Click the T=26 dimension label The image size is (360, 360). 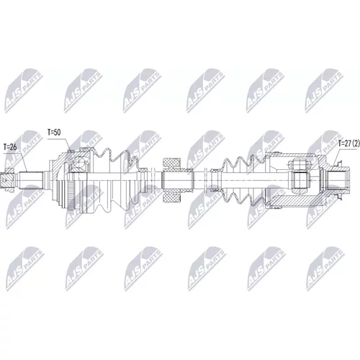(10, 147)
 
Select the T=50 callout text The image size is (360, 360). (54, 132)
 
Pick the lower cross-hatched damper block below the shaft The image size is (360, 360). (171, 197)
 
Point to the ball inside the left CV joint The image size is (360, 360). (80, 162)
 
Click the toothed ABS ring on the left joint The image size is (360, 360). (71, 197)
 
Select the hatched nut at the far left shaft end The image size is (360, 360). (7, 180)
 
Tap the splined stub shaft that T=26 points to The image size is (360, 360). (31, 180)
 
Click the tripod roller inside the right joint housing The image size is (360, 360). (300, 180)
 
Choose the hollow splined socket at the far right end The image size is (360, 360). (337, 180)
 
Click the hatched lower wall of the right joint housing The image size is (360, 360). (293, 199)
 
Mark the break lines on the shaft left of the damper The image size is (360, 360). (152, 180)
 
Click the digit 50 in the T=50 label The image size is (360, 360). (57, 132)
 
